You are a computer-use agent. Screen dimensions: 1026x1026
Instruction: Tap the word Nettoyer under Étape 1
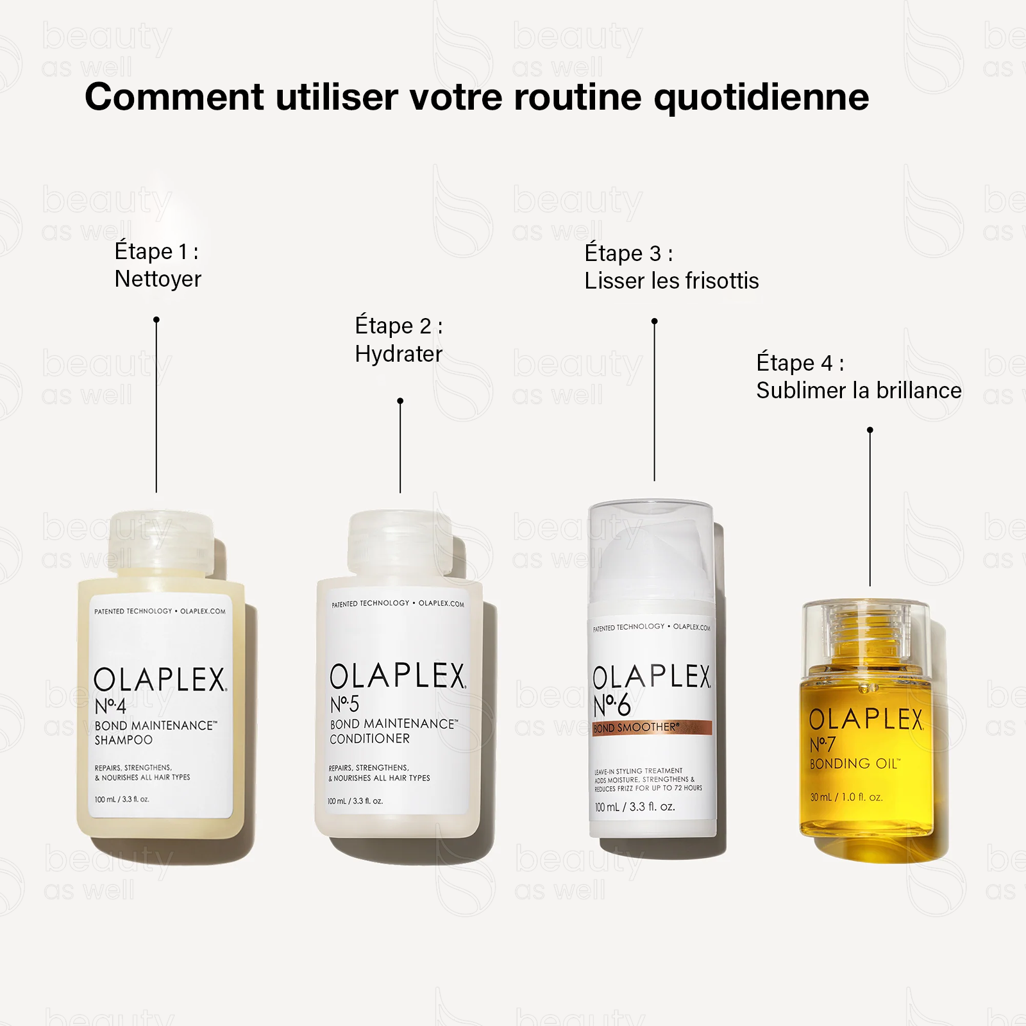[158, 279]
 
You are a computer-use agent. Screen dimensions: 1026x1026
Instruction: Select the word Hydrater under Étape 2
[398, 354]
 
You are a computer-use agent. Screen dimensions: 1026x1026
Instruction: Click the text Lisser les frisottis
[671, 281]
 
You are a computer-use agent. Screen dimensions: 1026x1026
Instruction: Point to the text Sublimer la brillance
[858, 391]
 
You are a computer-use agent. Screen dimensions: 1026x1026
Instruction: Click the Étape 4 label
[799, 363]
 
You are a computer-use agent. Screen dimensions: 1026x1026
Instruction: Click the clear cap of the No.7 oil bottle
[866, 632]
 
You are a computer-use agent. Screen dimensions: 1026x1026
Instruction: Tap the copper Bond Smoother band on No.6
[652, 728]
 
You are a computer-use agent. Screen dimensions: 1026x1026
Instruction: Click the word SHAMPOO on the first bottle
[123, 740]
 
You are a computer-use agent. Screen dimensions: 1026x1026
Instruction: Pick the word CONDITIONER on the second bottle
[369, 739]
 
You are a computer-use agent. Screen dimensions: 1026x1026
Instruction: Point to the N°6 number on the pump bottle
[612, 705]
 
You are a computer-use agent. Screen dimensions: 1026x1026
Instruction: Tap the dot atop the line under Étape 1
[156, 319]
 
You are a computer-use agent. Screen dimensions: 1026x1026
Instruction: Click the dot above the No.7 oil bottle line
[870, 430]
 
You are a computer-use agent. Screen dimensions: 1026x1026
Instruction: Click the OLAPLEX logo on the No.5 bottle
[398, 677]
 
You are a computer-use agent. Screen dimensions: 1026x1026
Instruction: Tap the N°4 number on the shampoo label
[110, 706]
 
